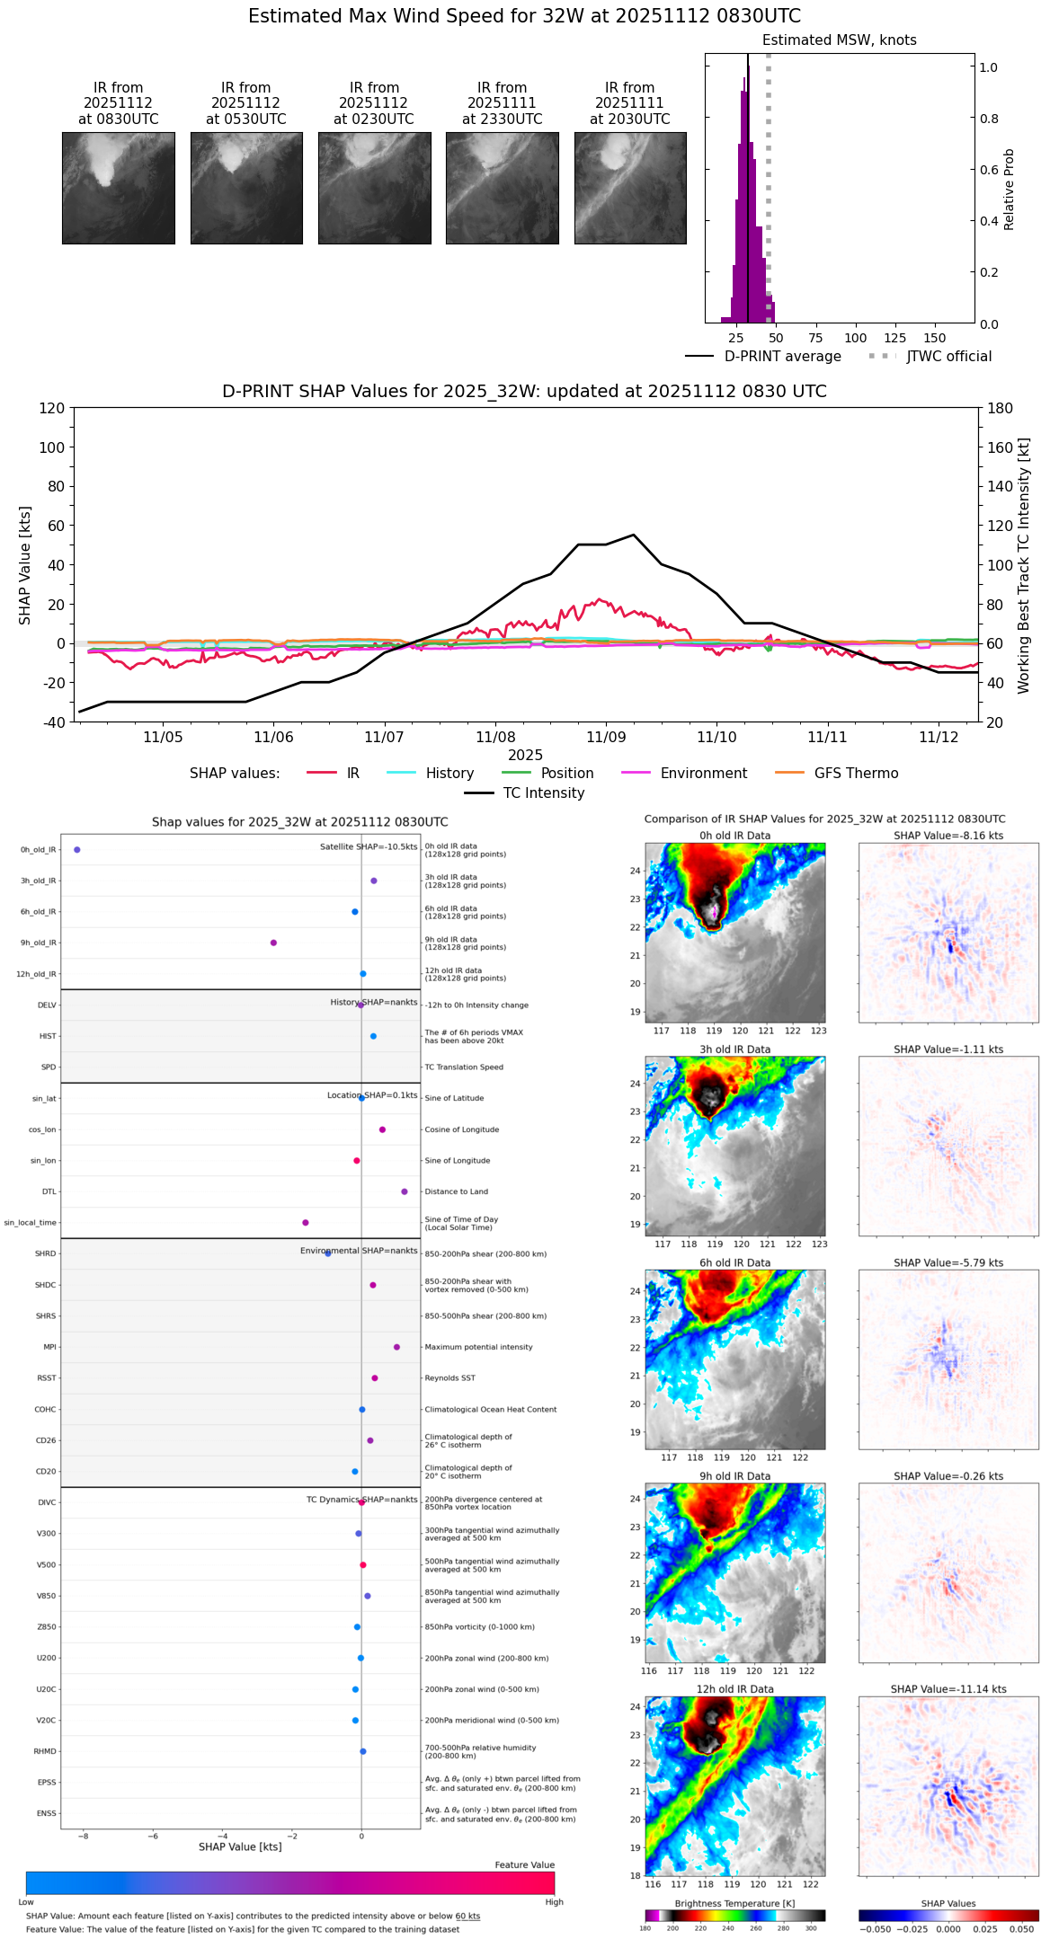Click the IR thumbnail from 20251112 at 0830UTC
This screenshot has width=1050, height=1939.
118,188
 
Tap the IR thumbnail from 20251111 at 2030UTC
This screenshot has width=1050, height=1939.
630,188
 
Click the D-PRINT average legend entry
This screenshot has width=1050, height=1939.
763,357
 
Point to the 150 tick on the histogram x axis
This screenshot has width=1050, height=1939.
935,338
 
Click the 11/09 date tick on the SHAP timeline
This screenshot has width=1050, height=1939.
606,737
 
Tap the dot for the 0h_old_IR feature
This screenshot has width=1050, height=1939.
77,849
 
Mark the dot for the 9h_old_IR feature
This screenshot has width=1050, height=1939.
273,943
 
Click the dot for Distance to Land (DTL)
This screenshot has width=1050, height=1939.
405,1191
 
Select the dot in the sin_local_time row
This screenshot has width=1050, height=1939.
306,1222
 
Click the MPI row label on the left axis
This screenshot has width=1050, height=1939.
49,1347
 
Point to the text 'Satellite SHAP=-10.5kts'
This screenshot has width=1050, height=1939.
369,846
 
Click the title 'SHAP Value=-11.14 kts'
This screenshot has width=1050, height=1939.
948,1689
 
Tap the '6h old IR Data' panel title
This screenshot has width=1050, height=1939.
734,1262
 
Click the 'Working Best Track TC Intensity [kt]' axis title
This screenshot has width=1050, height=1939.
1024,566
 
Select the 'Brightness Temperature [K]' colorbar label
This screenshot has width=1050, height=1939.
734,1903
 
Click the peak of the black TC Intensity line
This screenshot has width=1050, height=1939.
634,535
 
